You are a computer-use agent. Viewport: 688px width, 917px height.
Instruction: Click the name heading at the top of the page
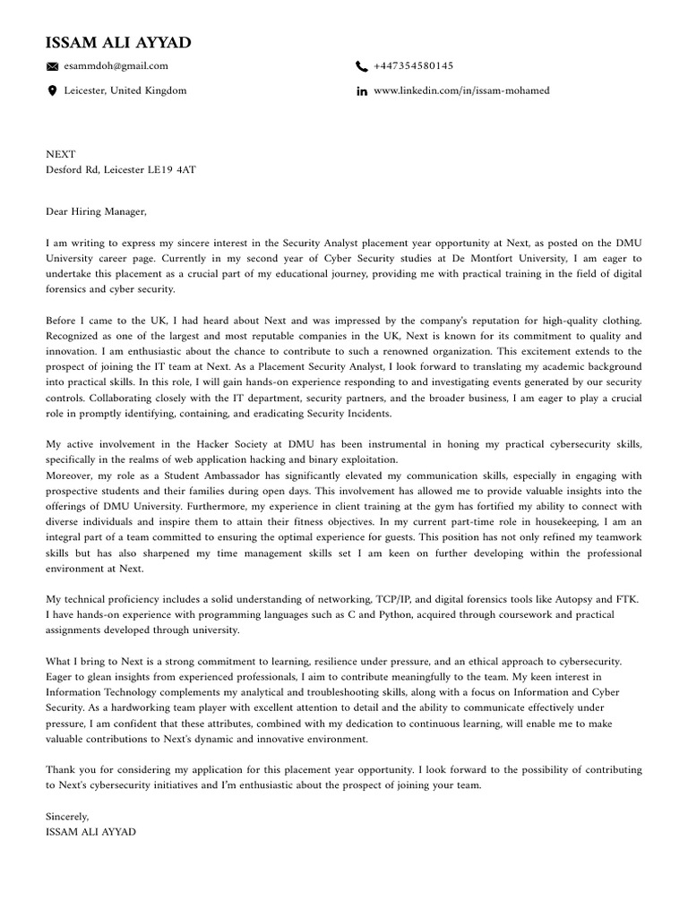pyautogui.click(x=118, y=43)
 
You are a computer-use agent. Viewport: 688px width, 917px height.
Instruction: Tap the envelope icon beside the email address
pyautogui.click(x=52, y=66)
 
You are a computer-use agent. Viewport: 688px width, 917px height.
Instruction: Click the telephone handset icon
pyautogui.click(x=362, y=66)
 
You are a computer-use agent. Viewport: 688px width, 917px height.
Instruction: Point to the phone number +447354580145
pyautogui.click(x=413, y=65)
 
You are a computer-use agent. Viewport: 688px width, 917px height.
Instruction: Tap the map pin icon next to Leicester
pyautogui.click(x=52, y=91)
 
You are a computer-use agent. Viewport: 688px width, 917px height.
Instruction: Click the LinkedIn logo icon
pyautogui.click(x=362, y=91)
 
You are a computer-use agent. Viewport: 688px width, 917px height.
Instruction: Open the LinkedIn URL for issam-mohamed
pyautogui.click(x=461, y=90)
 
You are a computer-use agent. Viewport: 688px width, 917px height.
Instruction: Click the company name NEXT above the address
pyautogui.click(x=61, y=154)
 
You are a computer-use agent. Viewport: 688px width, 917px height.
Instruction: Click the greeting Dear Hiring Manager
pyautogui.click(x=95, y=212)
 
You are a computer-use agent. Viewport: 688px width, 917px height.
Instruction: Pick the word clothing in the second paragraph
pyautogui.click(x=621, y=320)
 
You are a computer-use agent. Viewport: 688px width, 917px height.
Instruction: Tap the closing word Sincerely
pyautogui.click(x=68, y=817)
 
